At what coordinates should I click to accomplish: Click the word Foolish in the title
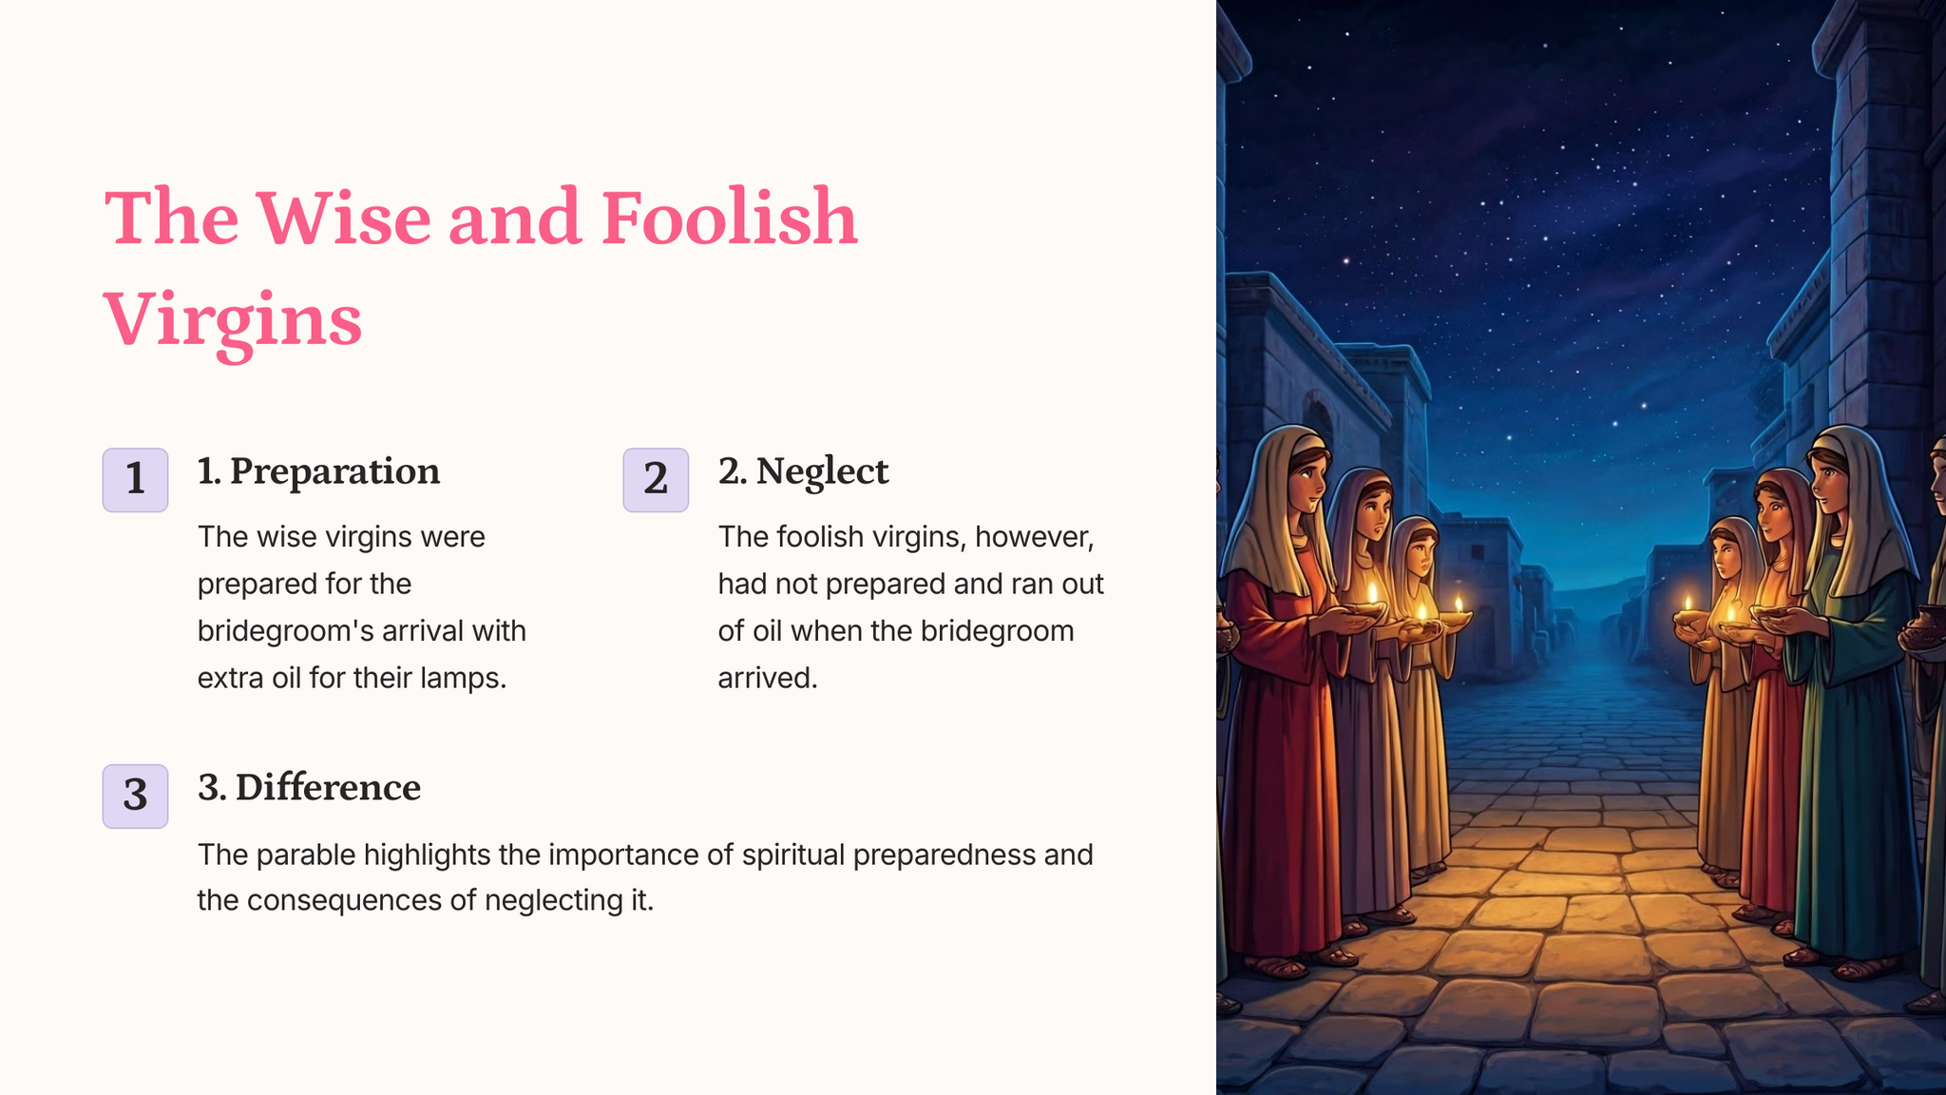[729, 218]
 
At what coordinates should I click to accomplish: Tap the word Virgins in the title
[233, 321]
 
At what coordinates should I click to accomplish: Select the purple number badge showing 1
[135, 480]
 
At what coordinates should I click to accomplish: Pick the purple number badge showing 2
[656, 480]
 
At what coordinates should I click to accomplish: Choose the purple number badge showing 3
[135, 797]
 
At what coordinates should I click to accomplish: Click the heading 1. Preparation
[318, 471]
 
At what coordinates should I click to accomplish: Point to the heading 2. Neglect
[803, 471]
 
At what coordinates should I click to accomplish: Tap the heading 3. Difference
[309, 788]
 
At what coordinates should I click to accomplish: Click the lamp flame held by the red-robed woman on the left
[1371, 593]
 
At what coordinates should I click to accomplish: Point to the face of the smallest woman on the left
[1419, 554]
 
